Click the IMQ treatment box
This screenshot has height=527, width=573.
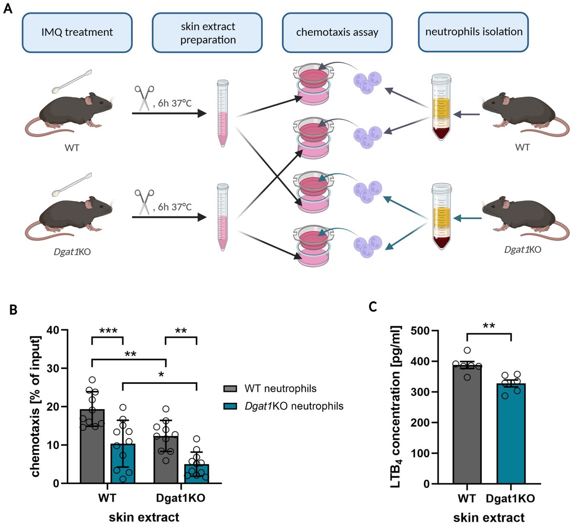[77, 32]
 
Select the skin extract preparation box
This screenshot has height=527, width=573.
[208, 33]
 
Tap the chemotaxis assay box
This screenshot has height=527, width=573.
[337, 32]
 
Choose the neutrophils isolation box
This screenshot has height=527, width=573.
[474, 32]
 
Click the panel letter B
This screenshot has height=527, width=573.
[13, 310]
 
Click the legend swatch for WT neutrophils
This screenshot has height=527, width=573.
[230, 389]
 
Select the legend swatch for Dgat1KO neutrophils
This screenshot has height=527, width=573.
[230, 406]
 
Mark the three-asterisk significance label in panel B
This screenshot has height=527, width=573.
[108, 331]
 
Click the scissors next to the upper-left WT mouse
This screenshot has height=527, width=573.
[144, 98]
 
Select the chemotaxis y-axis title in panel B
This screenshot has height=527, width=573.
[36, 406]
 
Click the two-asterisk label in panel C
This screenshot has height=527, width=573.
[488, 327]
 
